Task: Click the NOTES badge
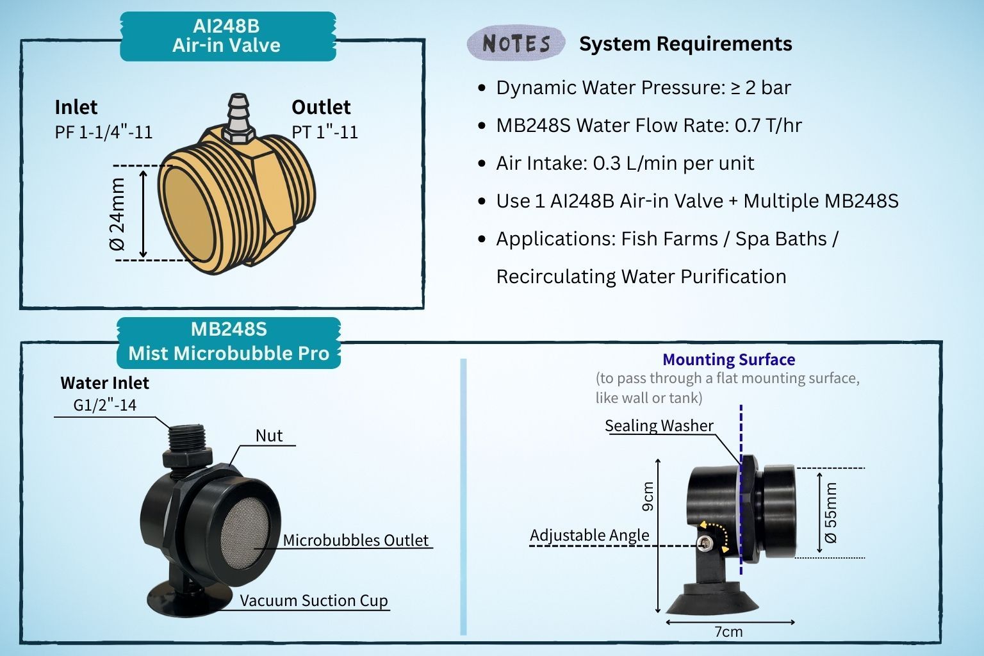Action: [x=516, y=44]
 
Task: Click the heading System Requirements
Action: [x=685, y=44]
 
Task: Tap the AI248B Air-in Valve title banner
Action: [x=227, y=36]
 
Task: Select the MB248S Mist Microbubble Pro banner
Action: [x=229, y=342]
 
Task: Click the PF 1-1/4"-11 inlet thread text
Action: [x=104, y=132]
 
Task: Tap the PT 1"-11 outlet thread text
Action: [x=325, y=132]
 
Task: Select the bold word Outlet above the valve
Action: [x=321, y=107]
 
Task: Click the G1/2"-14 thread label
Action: [x=105, y=405]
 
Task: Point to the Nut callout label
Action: [x=269, y=436]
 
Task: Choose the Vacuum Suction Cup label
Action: [x=314, y=600]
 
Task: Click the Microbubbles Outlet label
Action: [x=356, y=540]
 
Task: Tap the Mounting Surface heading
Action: [x=728, y=359]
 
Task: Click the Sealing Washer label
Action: [x=659, y=426]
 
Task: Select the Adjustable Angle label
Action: [x=589, y=535]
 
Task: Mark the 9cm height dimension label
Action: [x=648, y=496]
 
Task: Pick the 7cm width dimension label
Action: [x=728, y=632]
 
